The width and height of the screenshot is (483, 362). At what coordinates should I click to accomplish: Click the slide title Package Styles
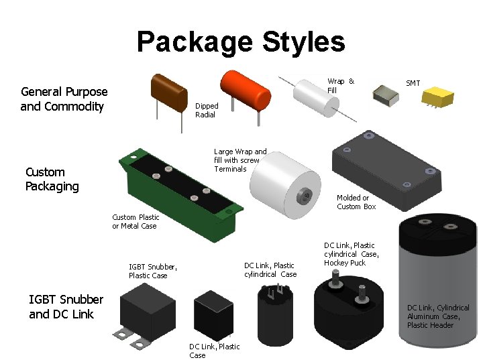tap(241, 42)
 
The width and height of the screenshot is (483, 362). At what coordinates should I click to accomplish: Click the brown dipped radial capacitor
tap(168, 93)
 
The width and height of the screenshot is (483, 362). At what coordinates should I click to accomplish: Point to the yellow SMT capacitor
tap(438, 97)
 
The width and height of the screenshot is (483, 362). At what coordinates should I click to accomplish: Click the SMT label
tap(413, 83)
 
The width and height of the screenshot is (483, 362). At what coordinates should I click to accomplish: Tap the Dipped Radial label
tap(207, 111)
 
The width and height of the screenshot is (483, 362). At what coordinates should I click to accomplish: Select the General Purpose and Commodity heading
tap(64, 99)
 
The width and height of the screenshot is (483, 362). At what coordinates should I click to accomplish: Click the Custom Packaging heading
tap(52, 179)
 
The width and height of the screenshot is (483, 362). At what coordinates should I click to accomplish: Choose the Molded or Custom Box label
tap(356, 202)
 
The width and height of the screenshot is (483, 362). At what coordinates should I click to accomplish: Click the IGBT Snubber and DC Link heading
tap(66, 307)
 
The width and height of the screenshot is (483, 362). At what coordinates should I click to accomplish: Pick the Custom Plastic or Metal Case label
tap(136, 222)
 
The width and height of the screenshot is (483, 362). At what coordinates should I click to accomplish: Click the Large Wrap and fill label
tap(240, 160)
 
